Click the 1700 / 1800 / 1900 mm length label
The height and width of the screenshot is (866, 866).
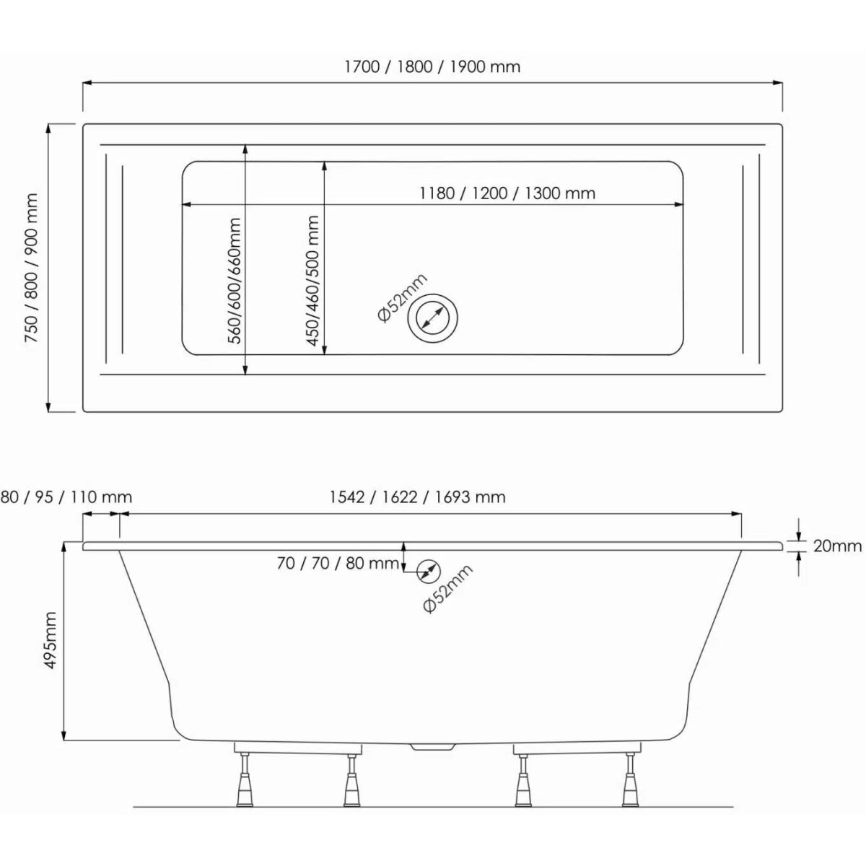click(x=432, y=67)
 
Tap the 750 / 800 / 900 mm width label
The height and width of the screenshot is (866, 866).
click(x=32, y=268)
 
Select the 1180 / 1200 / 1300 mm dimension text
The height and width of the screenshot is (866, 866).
click(x=507, y=193)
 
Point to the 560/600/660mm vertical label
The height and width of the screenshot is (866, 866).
click(x=235, y=281)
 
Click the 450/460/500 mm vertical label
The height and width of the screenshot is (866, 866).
click(x=312, y=281)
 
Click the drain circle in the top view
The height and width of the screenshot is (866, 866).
click(x=433, y=318)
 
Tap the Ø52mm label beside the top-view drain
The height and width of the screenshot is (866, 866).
click(x=402, y=298)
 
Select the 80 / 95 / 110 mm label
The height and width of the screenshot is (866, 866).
click(x=66, y=497)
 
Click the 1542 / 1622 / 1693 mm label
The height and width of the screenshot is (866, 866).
click(x=418, y=497)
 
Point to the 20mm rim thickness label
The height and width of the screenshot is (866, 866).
click(x=838, y=546)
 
